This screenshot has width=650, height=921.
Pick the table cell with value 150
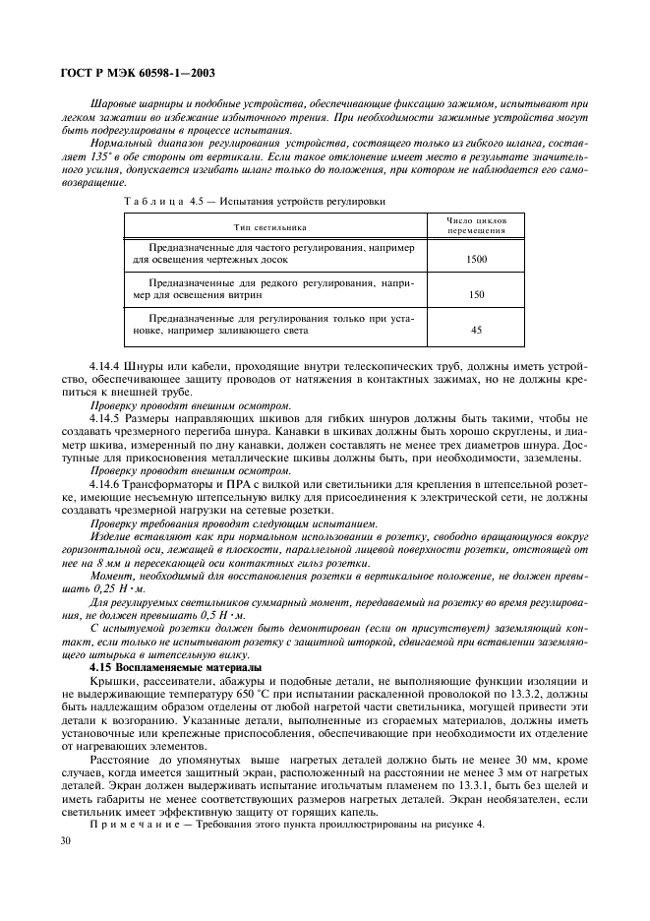[x=476, y=294]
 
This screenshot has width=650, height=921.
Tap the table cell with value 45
[x=476, y=331]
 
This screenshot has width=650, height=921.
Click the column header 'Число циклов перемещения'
[x=476, y=225]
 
